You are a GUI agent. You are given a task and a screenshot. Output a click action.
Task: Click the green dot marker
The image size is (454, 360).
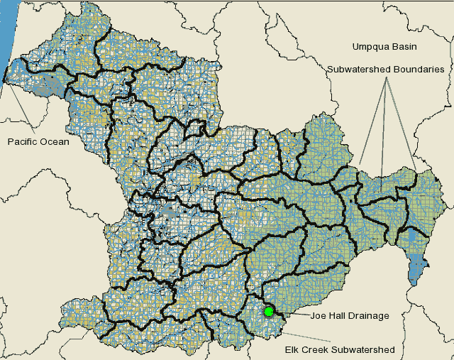pyautogui.click(x=269, y=312)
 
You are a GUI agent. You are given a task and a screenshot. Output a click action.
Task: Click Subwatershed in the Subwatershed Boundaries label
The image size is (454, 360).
pyautogui.click(x=358, y=70)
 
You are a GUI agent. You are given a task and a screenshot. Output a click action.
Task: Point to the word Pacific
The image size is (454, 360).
pyautogui.click(x=24, y=142)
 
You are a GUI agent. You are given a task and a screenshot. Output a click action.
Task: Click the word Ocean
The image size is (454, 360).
pyautogui.click(x=56, y=142)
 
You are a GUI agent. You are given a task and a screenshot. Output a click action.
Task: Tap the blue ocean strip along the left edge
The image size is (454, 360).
pyautogui.click(x=6, y=36)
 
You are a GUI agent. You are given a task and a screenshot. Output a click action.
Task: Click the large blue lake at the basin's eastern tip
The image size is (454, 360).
pyautogui.click(x=417, y=266)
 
